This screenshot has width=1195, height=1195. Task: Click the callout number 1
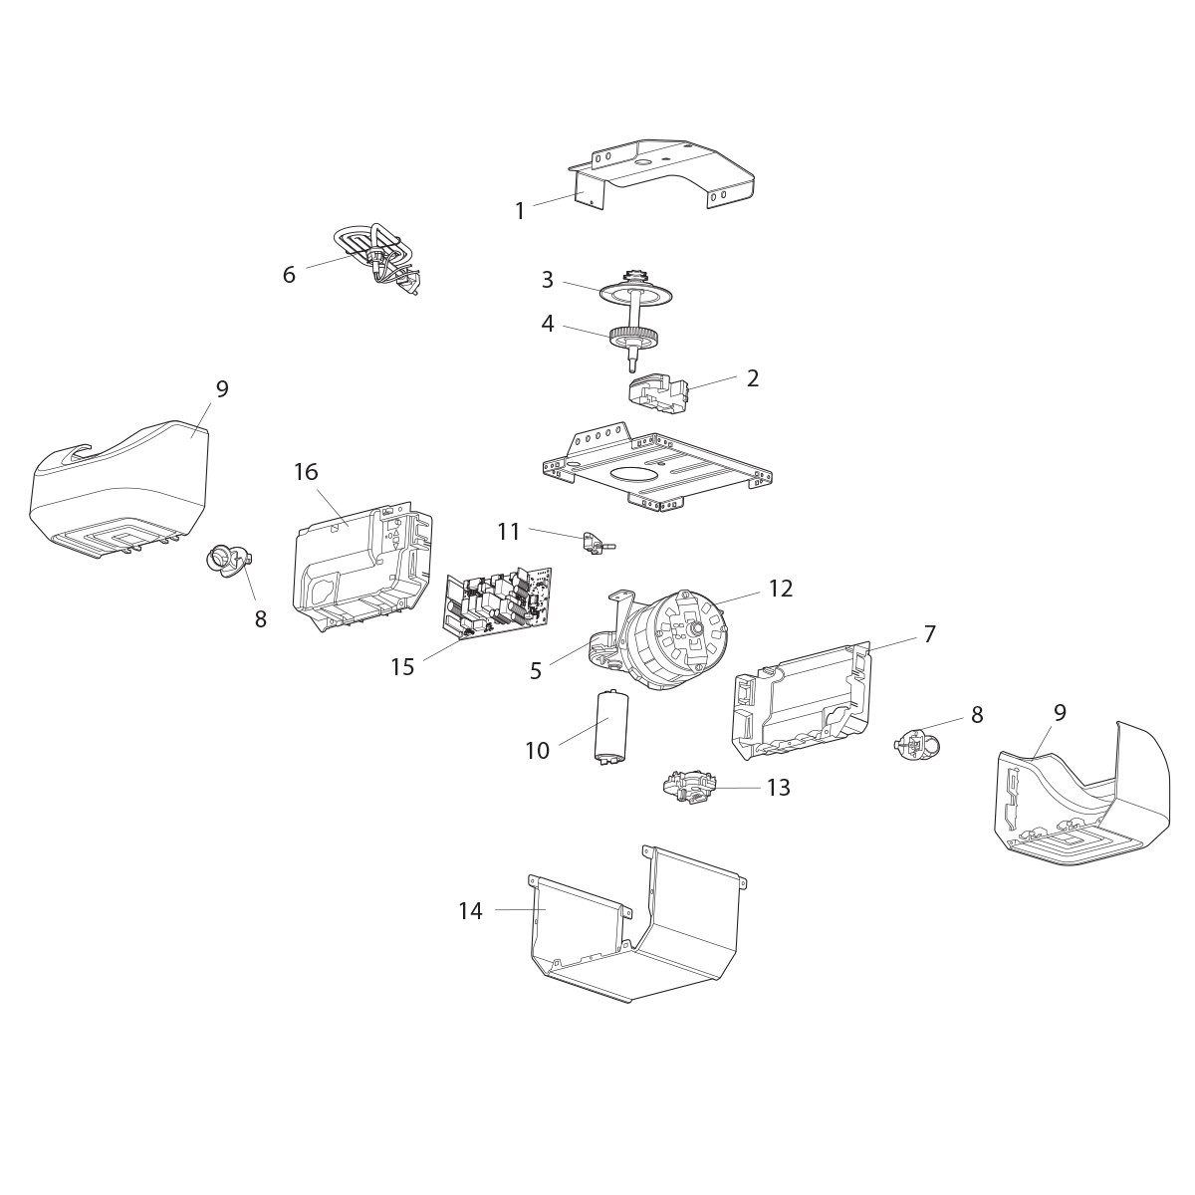tap(519, 211)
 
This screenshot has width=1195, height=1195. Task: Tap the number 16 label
tap(306, 472)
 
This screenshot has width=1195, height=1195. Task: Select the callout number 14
tap(471, 910)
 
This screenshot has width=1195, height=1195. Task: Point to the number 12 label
tap(781, 589)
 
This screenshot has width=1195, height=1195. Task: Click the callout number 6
tap(289, 275)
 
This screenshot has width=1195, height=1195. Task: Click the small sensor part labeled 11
tap(593, 540)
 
